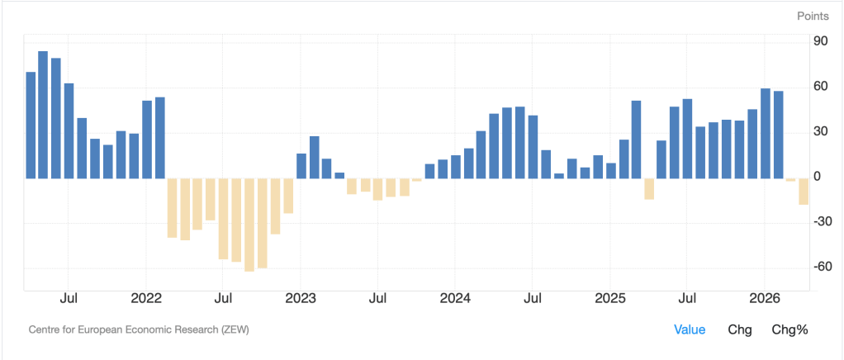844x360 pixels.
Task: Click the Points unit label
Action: [813, 16]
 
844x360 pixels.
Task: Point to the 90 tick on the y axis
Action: [821, 41]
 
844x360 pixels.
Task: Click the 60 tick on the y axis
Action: [821, 87]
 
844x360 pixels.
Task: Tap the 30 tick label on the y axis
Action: [821, 132]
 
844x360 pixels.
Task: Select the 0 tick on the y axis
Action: [817, 177]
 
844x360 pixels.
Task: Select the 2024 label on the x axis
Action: [455, 298]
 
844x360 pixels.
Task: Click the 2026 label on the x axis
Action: [765, 298]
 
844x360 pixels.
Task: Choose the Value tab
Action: [690, 329]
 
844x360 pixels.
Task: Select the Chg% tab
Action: [789, 329]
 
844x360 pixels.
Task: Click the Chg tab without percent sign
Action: [739, 329]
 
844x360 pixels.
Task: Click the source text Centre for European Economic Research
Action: [139, 329]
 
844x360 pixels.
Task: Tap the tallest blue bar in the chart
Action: [43, 114]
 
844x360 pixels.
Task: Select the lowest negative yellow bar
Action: [249, 225]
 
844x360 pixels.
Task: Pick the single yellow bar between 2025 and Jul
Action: [649, 188]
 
